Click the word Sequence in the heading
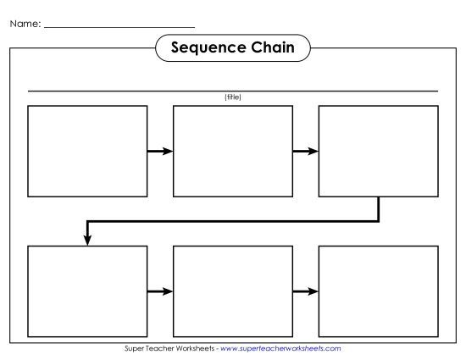(x=205, y=47)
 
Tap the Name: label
(x=25, y=24)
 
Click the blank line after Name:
(x=119, y=27)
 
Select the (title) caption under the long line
(x=233, y=97)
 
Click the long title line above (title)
(x=233, y=91)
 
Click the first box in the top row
(x=87, y=151)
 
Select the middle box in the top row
(x=233, y=151)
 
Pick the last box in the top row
(x=378, y=151)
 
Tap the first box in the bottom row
(x=87, y=291)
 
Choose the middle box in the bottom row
(x=233, y=291)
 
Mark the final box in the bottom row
(x=378, y=291)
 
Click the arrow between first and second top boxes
(x=160, y=152)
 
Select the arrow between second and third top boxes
(x=305, y=152)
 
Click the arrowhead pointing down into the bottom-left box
(x=87, y=241)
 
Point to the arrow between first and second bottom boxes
(x=160, y=292)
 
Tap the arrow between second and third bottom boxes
(x=305, y=292)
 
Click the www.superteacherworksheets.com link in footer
(x=280, y=348)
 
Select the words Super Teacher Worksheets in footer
(x=169, y=348)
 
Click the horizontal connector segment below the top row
(x=233, y=221)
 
